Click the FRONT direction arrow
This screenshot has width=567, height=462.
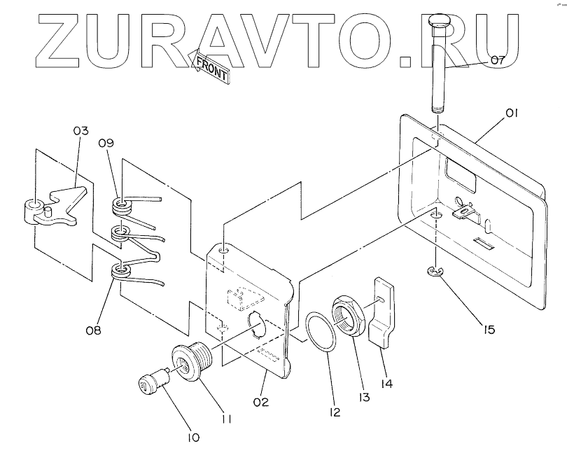pyautogui.click(x=210, y=66)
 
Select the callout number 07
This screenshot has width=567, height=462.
pyautogui.click(x=496, y=61)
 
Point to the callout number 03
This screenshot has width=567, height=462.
pyautogui.click(x=80, y=132)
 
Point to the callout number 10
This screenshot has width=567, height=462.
pyautogui.click(x=192, y=437)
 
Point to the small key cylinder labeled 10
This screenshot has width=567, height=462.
pyautogui.click(x=152, y=381)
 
